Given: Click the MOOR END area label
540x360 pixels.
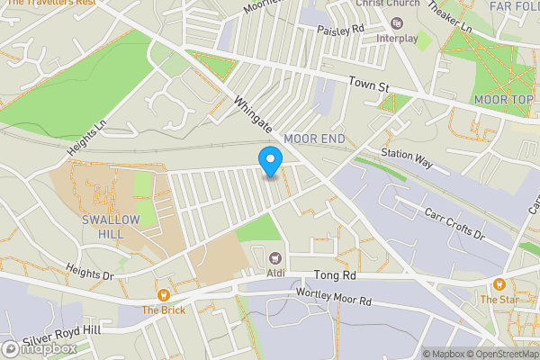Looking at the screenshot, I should [x=314, y=139].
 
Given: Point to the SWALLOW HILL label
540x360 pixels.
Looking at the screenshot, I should [x=111, y=227].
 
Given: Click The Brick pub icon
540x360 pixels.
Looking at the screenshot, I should [x=163, y=294].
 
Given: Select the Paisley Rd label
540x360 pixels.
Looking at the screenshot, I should [x=339, y=31].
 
